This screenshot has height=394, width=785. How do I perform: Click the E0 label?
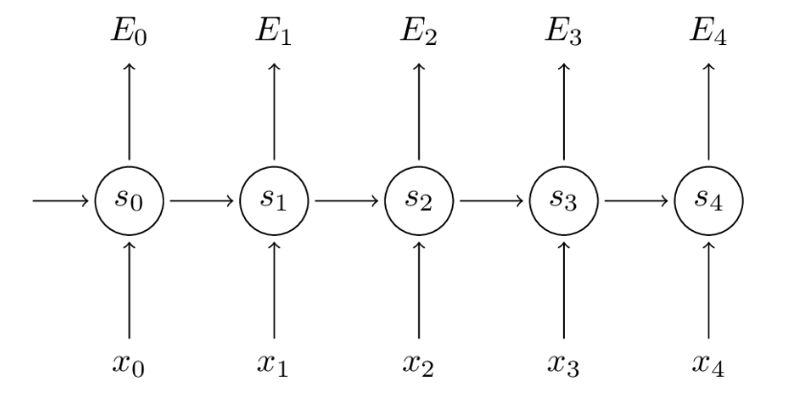129,34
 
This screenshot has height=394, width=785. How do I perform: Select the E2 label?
418,34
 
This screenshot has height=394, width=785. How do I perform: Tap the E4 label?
708,34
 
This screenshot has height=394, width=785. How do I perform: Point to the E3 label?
564,34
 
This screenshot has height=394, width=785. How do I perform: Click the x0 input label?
128,364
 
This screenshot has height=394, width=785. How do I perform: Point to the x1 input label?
274,364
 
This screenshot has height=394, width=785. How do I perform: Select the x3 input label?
563,364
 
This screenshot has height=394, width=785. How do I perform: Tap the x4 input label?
707,364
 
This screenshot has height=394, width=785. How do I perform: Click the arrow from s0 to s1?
202,201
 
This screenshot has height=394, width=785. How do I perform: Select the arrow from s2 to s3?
492,201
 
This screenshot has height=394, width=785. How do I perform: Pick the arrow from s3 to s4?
637,201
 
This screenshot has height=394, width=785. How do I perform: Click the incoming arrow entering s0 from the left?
60,201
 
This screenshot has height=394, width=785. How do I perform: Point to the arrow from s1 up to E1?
274,112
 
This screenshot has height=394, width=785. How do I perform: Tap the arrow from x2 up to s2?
419,290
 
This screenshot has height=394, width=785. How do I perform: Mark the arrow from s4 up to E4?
708,112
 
